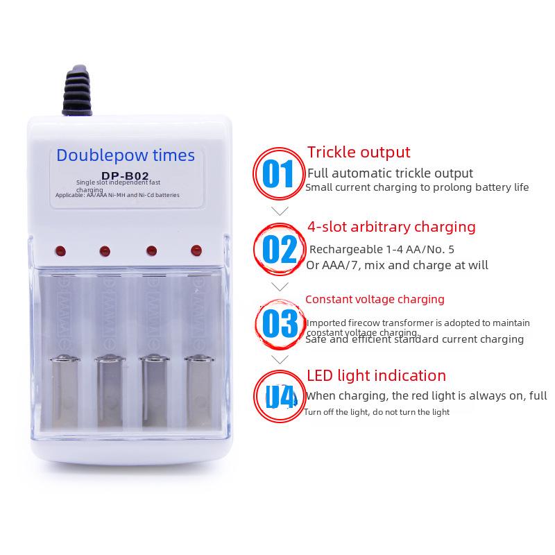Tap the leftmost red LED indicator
pos(59,250)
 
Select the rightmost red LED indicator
pos(195,249)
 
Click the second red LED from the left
pos(105,250)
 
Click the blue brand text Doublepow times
pos(126,155)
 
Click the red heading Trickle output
pos(359,152)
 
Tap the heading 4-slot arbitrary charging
pos(391,227)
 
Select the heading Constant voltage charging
pos(375,300)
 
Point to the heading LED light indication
pos(376,376)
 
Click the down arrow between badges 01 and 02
pos(280,211)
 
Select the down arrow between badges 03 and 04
pos(280,360)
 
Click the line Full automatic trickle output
pos(390,173)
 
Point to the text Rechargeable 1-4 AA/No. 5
pos(382,249)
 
